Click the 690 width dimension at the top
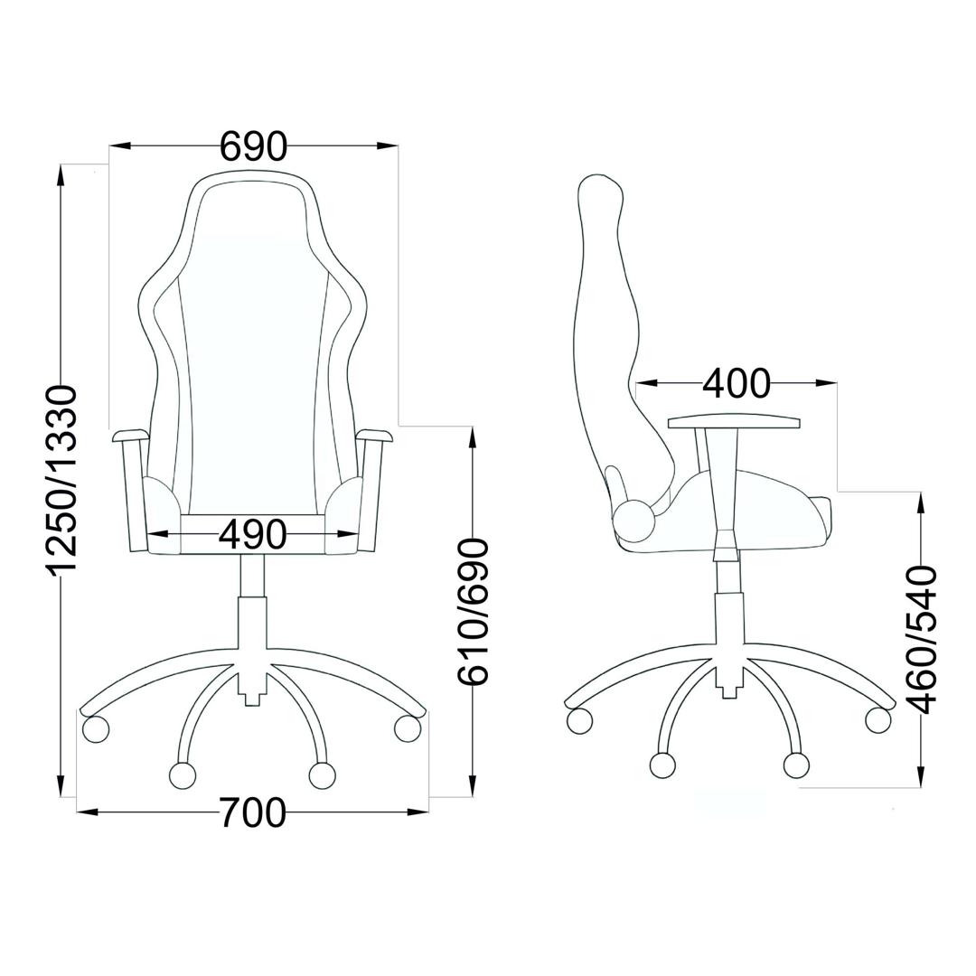coord(254,146)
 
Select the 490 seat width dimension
coord(253,534)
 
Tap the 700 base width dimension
coord(253,812)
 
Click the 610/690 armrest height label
coord(472,613)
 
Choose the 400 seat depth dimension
coord(737,383)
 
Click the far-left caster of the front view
coord(95,728)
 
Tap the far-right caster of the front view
coord(408,728)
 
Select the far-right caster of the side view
coord(878,719)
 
